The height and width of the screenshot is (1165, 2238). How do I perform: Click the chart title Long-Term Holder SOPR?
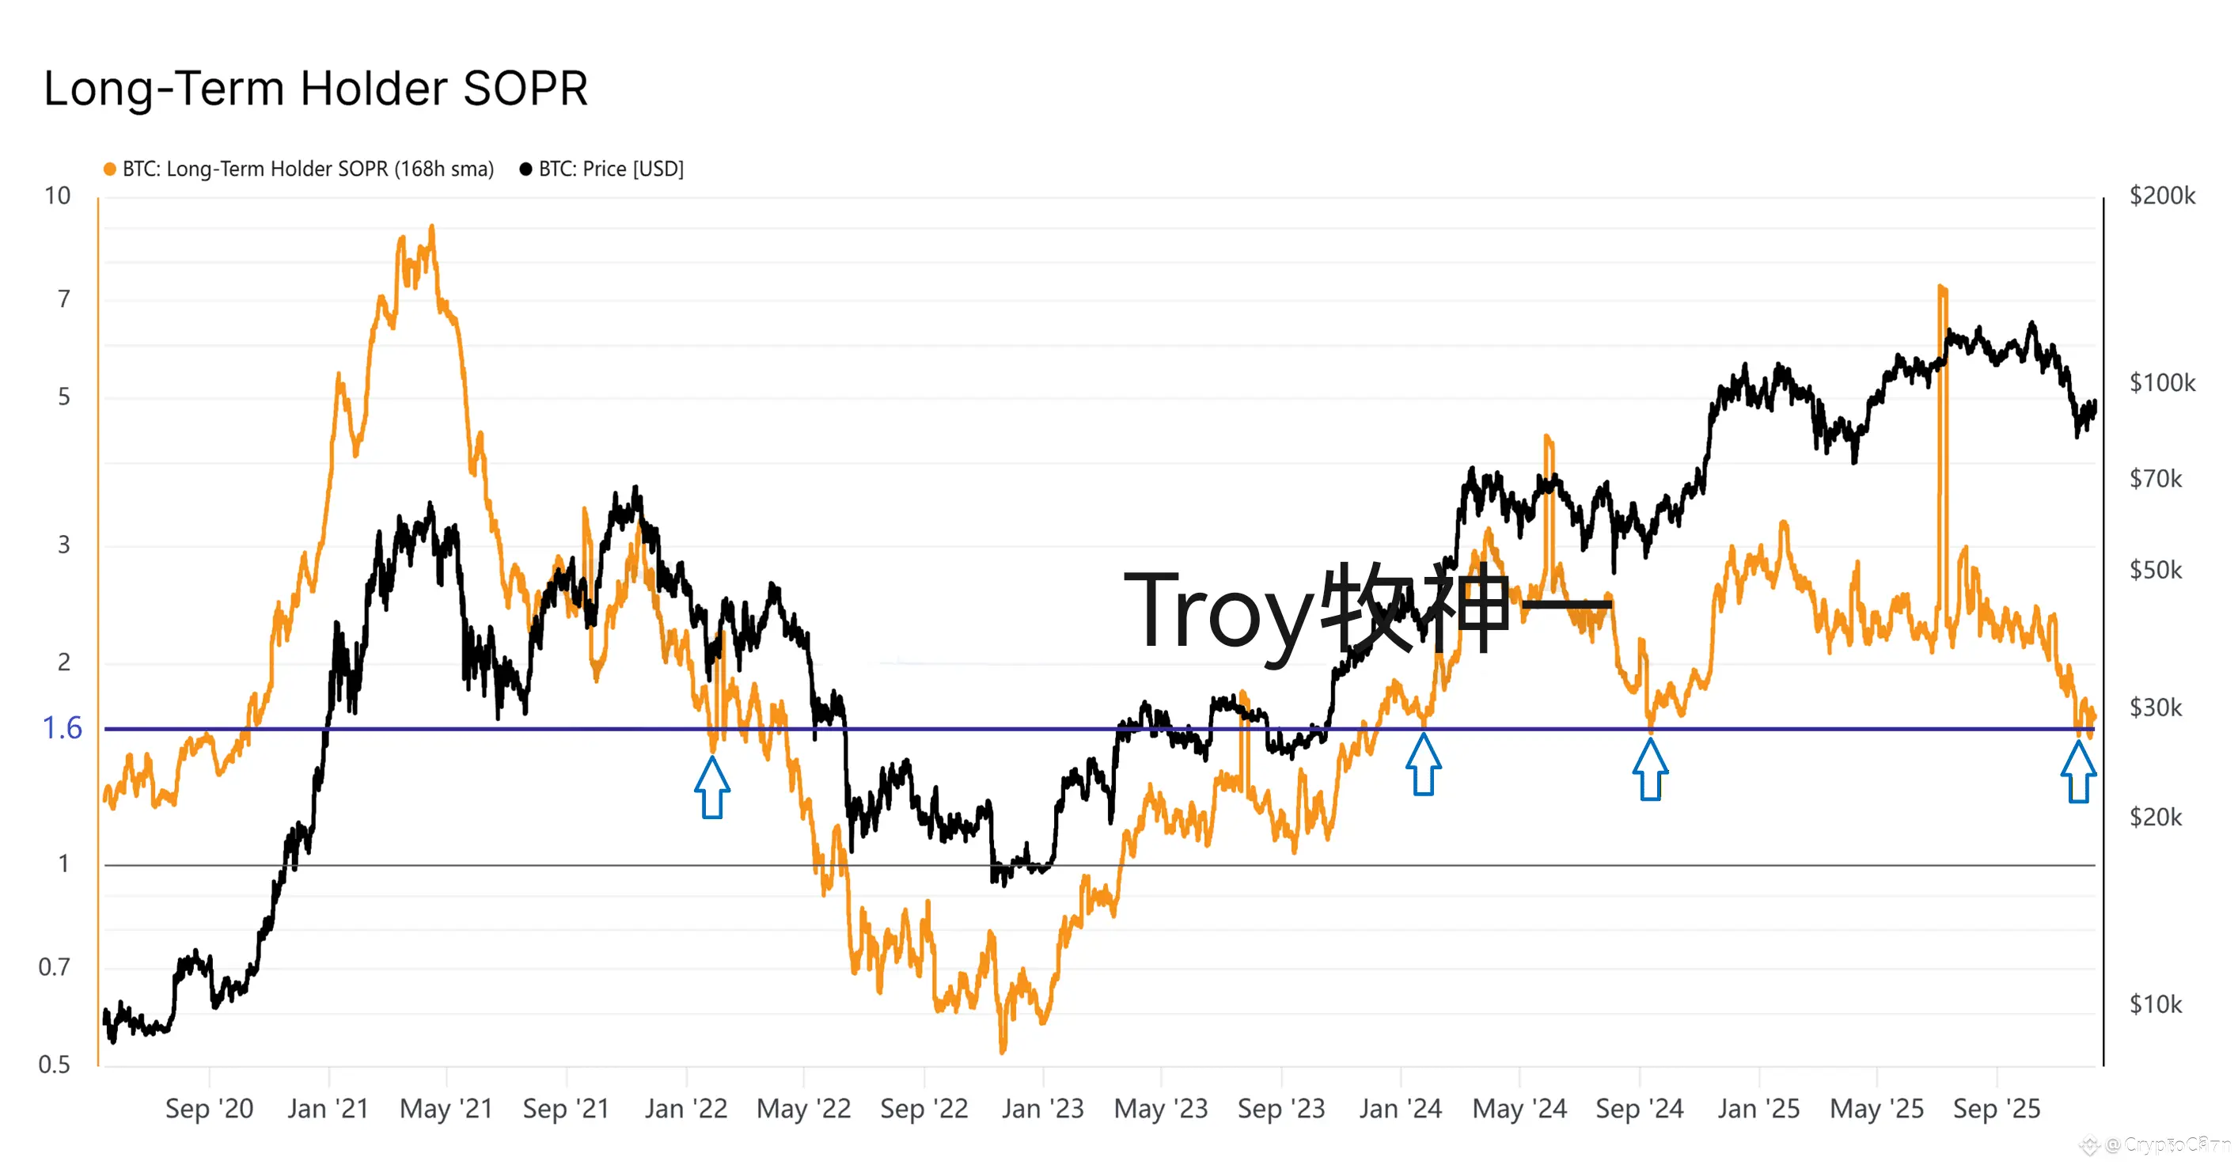tap(316, 89)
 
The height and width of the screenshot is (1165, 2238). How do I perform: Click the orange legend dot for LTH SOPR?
tap(109, 169)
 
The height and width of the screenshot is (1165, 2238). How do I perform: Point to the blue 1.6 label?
tap(62, 728)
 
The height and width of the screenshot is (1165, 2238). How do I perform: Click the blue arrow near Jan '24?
tap(1423, 765)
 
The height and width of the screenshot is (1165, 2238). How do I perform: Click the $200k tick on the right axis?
tap(2161, 195)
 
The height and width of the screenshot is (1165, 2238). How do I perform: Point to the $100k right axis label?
tap(2161, 382)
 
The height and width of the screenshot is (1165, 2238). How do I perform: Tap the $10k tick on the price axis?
tap(2156, 1004)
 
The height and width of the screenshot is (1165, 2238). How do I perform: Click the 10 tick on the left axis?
tap(57, 195)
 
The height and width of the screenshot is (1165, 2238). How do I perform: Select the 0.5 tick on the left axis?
tap(54, 1064)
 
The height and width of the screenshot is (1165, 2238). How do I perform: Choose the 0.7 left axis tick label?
tap(54, 966)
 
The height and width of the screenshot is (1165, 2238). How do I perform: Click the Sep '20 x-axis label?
tap(210, 1109)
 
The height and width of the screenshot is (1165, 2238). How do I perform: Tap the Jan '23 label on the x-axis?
tap(1042, 1109)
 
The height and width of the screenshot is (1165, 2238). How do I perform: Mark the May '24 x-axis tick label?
tap(1519, 1109)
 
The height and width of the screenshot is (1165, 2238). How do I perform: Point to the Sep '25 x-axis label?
tap(1997, 1109)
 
